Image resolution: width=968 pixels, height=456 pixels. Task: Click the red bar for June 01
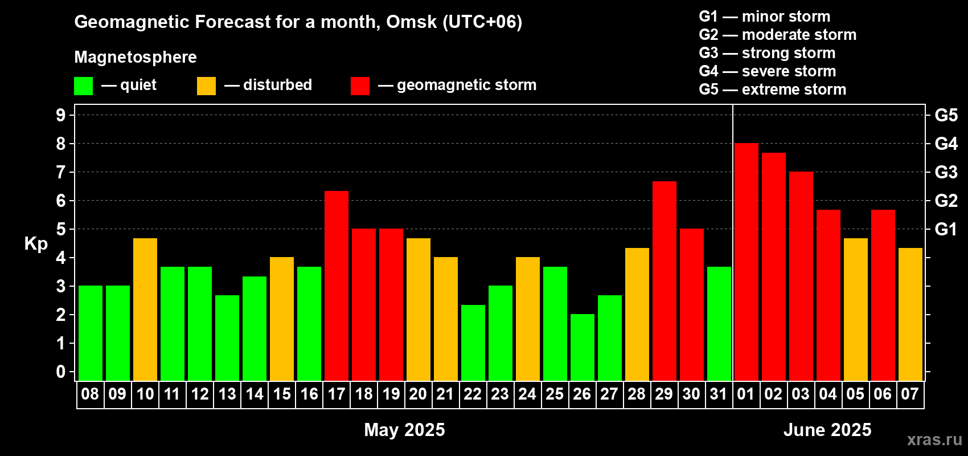[746, 262]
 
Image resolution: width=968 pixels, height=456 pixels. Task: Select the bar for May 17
[336, 286]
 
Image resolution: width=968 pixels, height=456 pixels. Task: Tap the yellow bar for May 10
[145, 310]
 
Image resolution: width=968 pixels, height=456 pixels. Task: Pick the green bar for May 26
[582, 347]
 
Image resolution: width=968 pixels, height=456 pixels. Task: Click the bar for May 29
[664, 281]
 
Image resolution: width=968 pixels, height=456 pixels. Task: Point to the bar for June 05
[856, 310]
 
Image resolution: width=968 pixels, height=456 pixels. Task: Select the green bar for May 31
[719, 324]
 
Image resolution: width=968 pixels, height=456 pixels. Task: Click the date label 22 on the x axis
[473, 394]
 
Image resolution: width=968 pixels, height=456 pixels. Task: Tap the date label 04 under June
[828, 394]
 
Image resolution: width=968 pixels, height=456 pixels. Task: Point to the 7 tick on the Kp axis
[60, 172]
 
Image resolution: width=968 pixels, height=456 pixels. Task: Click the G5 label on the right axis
[946, 115]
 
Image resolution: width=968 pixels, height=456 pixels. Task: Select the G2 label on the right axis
[946, 201]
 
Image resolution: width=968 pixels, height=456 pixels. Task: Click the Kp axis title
[36, 244]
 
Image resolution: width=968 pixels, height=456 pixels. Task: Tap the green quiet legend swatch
[83, 85]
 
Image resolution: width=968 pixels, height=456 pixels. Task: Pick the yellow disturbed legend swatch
[206, 85]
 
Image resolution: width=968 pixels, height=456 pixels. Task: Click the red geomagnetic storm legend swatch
[360, 85]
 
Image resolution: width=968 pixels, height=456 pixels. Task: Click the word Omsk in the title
[411, 22]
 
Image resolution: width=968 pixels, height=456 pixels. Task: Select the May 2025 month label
[404, 430]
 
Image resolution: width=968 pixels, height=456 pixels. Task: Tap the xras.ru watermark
[934, 439]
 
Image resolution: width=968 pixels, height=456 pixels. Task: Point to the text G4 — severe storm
[768, 71]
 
